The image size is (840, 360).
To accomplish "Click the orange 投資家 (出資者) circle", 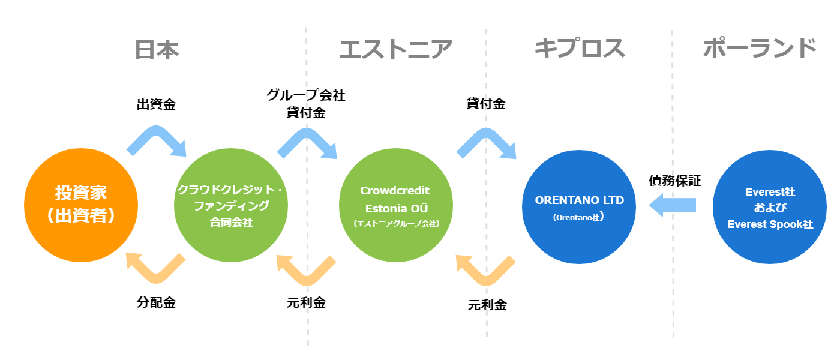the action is [x=81, y=205].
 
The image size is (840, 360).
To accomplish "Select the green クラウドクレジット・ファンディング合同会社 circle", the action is [x=231, y=205].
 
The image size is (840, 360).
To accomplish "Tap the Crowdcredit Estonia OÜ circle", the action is [x=396, y=205].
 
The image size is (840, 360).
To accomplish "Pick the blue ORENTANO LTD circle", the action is [x=579, y=207].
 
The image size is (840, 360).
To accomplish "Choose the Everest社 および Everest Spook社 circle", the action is [x=770, y=207].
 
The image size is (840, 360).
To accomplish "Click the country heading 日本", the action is [x=157, y=50].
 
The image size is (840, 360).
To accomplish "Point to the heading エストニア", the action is [x=396, y=49].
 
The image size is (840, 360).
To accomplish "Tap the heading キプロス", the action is [x=580, y=47].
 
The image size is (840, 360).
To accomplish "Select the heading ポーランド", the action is [x=760, y=47].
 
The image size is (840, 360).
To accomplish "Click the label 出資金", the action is [x=156, y=104].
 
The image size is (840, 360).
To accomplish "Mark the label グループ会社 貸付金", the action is [x=306, y=103].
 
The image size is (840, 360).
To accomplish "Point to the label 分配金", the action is [x=156, y=302].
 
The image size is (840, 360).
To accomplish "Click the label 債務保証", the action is [x=675, y=181].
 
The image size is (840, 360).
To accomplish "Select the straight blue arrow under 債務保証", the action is [x=673, y=205].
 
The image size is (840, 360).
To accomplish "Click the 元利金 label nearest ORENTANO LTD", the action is [x=487, y=305].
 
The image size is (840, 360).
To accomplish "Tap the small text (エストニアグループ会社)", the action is [x=396, y=223].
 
